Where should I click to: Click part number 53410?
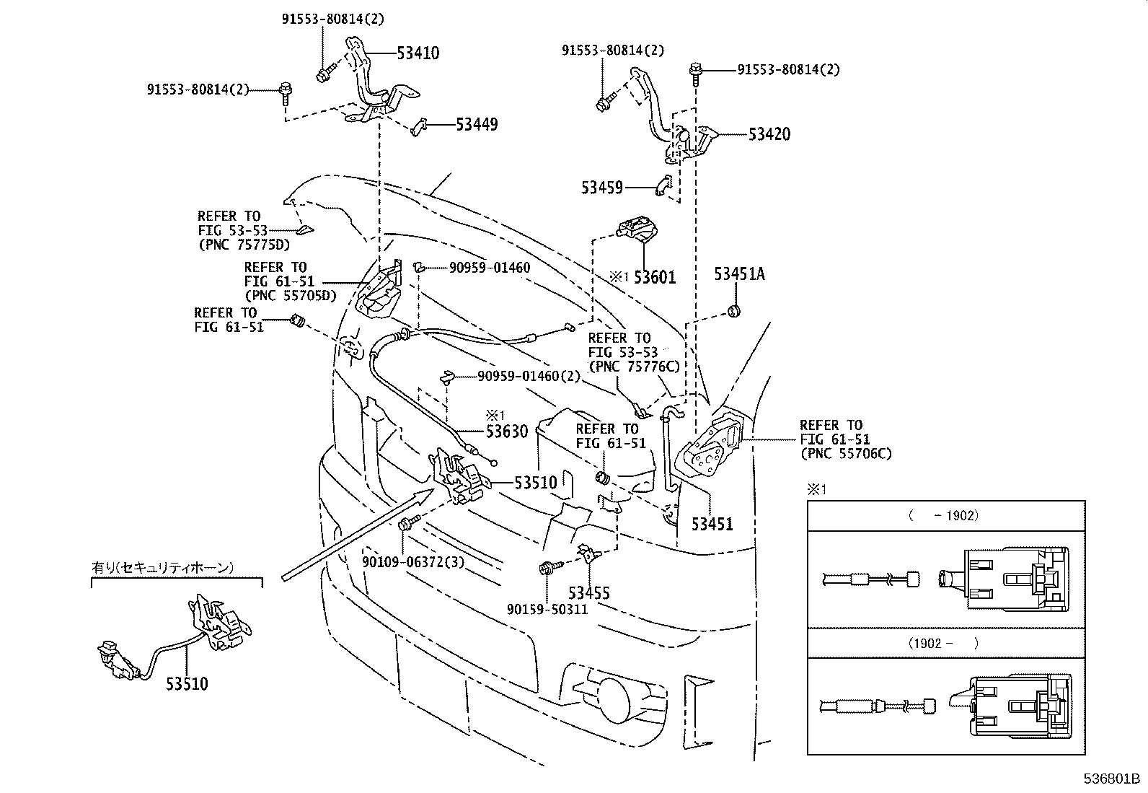tap(418, 53)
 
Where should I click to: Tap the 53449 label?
tap(477, 125)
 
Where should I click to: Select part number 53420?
tap(769, 134)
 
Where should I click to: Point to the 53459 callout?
tap(601, 188)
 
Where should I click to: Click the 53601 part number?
tap(655, 278)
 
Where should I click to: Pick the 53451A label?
tap(740, 274)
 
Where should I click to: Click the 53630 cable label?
tap(507, 432)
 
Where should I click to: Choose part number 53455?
tap(589, 593)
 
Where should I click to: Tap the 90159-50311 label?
tap(547, 610)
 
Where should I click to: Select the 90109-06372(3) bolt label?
tap(413, 562)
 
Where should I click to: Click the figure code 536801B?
tap(1111, 779)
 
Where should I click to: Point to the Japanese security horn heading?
tap(162, 567)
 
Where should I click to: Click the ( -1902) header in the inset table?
tap(943, 515)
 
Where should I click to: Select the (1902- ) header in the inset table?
tap(943, 643)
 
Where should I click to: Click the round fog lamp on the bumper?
tap(612, 700)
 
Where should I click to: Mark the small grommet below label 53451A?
tap(734, 311)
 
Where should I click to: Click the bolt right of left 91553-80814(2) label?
tap(285, 95)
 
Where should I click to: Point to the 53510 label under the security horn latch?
tap(187, 684)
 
